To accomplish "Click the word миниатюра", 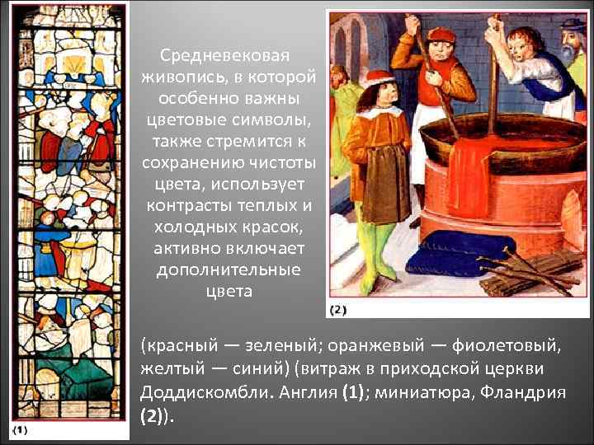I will (421, 392).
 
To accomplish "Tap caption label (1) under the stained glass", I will (21, 429).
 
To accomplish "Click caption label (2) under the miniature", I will (338, 310).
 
